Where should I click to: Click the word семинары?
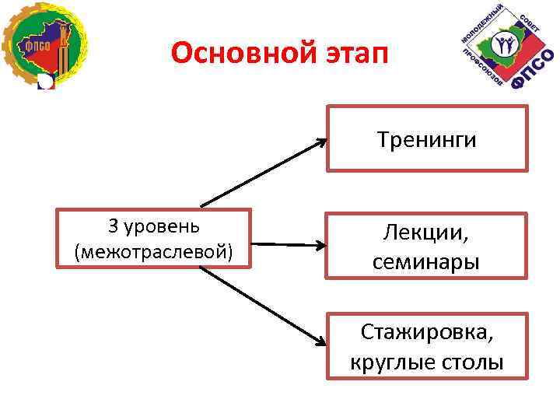[425, 262]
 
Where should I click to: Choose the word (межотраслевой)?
[153, 251]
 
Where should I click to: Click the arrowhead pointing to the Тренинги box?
[321, 142]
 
